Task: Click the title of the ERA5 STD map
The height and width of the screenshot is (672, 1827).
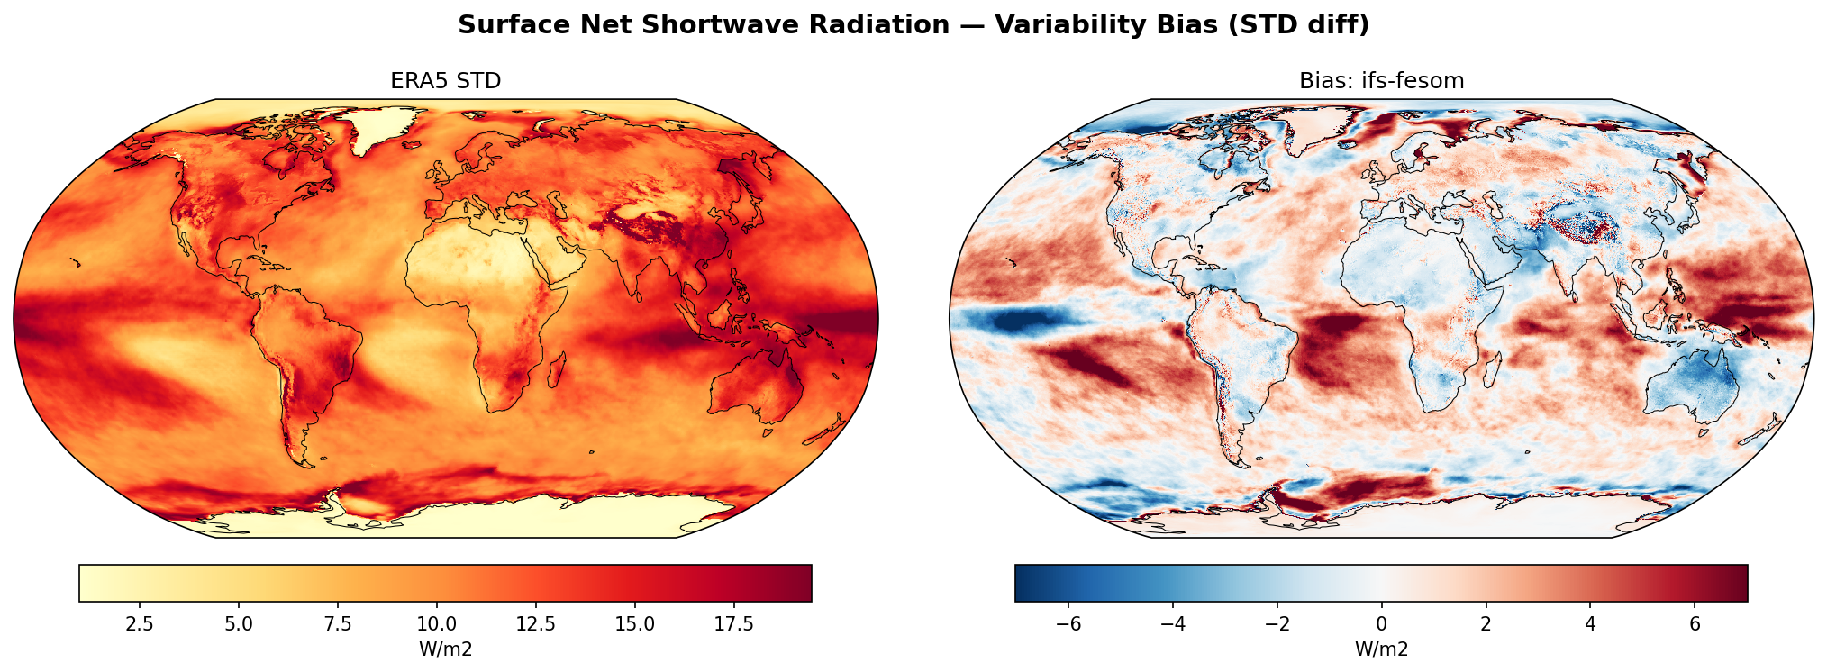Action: [445, 81]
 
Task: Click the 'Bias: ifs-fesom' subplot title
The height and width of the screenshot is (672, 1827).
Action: [1381, 81]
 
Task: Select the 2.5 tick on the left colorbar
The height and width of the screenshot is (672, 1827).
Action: [140, 624]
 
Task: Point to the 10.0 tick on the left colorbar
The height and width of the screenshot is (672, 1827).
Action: [436, 624]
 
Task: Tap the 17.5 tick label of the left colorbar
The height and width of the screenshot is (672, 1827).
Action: [733, 624]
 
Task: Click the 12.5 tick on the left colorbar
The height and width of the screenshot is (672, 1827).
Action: [535, 624]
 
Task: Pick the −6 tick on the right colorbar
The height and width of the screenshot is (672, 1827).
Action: [1068, 624]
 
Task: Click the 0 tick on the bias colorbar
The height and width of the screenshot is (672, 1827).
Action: [1381, 624]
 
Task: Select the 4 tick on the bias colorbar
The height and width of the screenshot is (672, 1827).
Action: [1590, 624]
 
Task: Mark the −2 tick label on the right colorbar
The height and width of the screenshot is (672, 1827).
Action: [1277, 624]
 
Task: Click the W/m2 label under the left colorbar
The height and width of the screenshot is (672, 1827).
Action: [445, 649]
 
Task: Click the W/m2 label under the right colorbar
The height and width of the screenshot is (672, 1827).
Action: [1381, 649]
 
